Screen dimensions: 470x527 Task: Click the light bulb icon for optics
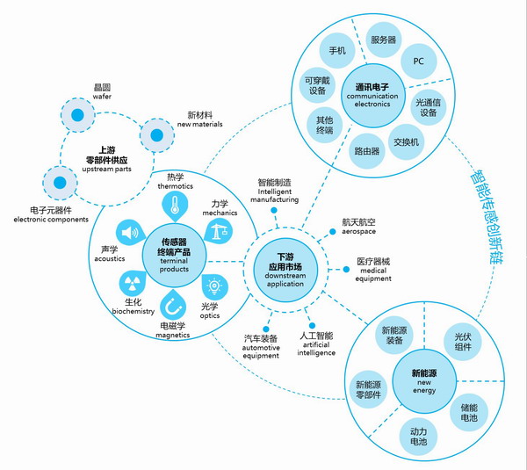[x=213, y=286]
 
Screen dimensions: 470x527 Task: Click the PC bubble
[x=418, y=61]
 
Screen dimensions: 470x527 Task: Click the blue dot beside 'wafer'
[x=78, y=115]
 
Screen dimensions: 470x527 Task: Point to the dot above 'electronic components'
[x=59, y=184]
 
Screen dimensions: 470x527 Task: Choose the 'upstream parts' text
[x=102, y=155]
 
